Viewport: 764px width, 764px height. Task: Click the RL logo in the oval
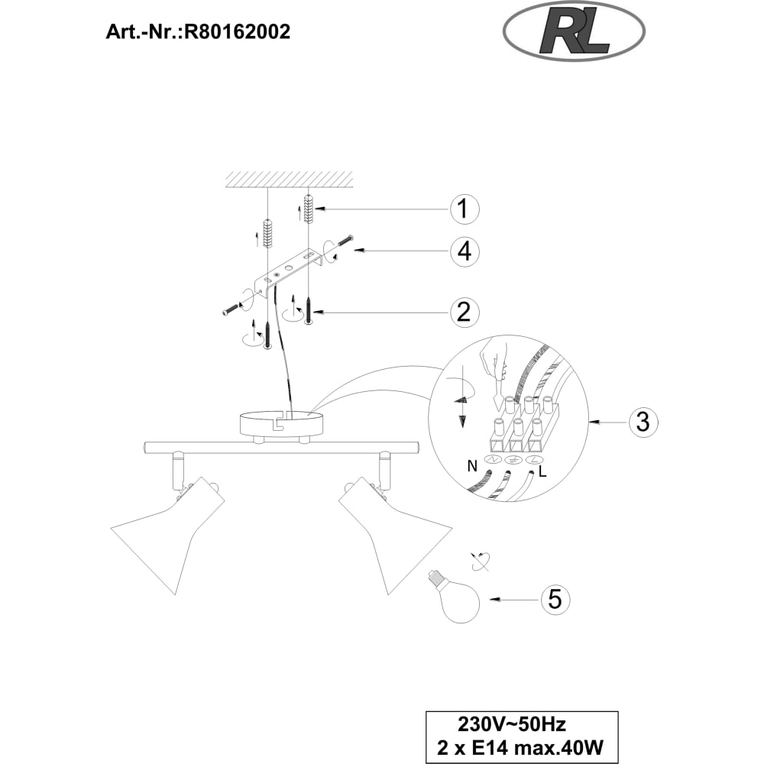(574, 33)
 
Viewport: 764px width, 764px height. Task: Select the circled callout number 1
(464, 209)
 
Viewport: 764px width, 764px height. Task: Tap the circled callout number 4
(464, 251)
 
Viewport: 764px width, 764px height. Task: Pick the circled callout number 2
(464, 312)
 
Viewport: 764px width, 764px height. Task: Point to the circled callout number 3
(643, 421)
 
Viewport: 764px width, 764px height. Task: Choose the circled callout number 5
(555, 598)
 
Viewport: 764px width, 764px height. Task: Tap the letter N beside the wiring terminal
(471, 466)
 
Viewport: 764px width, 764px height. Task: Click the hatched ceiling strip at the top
(289, 180)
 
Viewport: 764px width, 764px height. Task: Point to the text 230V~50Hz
(512, 724)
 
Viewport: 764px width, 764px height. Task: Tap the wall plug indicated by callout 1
(307, 209)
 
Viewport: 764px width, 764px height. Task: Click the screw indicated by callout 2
(309, 310)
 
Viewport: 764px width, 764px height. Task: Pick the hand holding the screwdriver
(494, 359)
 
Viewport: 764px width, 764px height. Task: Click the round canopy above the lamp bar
(282, 423)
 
